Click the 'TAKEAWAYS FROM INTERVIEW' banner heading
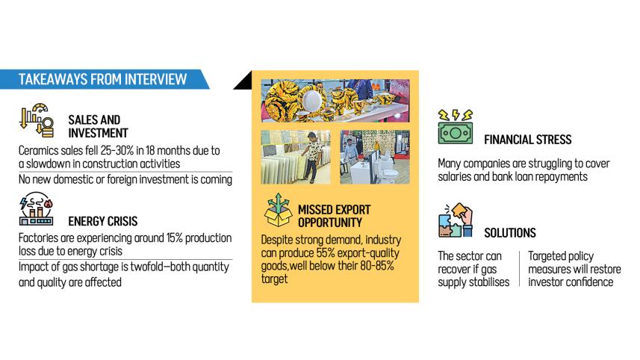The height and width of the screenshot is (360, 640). (102, 79)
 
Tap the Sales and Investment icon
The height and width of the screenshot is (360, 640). (37, 120)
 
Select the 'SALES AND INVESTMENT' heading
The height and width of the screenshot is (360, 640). (98, 126)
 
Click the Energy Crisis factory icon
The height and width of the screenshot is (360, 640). (37, 209)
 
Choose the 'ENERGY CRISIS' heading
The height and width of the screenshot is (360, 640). (103, 221)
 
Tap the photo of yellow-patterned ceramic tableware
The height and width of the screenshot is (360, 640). (335, 101)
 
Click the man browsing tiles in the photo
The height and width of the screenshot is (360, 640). (312, 157)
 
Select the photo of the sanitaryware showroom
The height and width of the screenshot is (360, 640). (375, 157)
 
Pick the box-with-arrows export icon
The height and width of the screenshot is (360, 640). (278, 210)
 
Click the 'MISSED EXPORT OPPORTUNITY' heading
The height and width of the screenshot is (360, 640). (334, 216)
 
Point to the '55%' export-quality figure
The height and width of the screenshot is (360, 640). (326, 252)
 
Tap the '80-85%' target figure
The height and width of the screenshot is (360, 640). (376, 266)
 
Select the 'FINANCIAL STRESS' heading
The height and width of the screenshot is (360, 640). (528, 140)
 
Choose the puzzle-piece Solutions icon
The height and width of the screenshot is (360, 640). (456, 220)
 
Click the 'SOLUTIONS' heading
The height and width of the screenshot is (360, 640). (510, 232)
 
